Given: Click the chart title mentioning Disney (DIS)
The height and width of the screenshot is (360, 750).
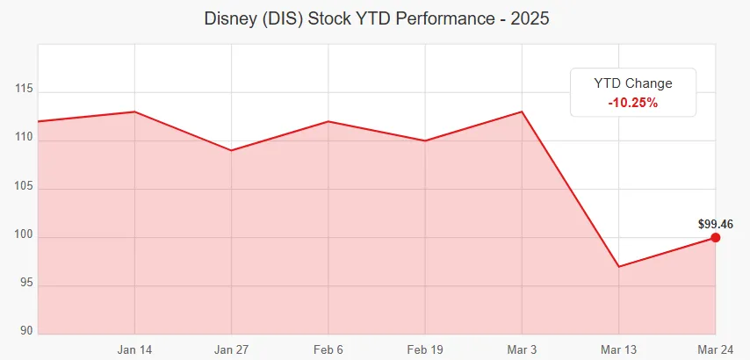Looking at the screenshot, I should [x=375, y=18].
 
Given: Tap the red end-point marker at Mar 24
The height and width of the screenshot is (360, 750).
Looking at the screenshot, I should [x=716, y=237].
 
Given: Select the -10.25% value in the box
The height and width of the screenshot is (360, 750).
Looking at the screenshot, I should [x=632, y=103].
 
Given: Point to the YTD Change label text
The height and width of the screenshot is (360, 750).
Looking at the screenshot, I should [x=632, y=83].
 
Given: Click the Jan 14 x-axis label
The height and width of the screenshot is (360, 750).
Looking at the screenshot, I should [x=134, y=349].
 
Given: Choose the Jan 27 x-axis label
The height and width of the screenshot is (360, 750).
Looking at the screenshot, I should [x=231, y=349].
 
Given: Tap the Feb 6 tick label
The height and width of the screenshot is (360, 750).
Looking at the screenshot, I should [x=328, y=349].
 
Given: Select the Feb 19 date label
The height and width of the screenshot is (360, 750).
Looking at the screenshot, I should [x=425, y=349].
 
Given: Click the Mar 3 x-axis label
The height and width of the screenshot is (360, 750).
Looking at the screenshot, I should [x=522, y=349].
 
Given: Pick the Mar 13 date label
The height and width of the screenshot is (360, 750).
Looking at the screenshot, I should [x=619, y=349].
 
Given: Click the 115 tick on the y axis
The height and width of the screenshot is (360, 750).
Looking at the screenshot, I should [x=24, y=90].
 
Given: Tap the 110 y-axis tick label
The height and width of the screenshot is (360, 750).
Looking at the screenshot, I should [x=24, y=138].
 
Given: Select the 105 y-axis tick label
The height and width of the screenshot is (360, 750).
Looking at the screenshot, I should [x=24, y=187].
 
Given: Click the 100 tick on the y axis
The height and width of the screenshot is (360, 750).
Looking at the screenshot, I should [x=24, y=235].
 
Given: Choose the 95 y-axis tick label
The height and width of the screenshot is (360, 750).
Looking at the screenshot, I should [x=26, y=284].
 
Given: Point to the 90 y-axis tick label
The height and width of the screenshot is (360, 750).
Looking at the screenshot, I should [x=26, y=331].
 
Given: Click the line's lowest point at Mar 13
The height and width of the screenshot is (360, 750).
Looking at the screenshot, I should [x=619, y=266].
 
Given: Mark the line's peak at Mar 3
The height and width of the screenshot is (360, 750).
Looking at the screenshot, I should [x=522, y=112].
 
